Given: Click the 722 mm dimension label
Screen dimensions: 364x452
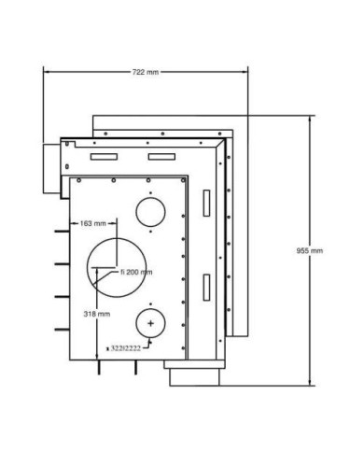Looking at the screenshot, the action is click(x=146, y=72).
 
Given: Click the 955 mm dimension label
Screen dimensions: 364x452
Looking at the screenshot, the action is click(x=310, y=250).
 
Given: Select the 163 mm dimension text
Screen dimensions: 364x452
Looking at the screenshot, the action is click(x=93, y=223).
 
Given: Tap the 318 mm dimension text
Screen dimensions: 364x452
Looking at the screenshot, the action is click(x=97, y=314).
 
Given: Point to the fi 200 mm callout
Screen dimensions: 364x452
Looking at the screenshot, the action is click(x=136, y=272).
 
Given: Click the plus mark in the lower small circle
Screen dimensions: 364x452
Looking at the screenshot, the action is click(x=150, y=323).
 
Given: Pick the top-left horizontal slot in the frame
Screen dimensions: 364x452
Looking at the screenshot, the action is click(x=104, y=157).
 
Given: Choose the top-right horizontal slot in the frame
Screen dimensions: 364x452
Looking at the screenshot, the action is click(x=161, y=157).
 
